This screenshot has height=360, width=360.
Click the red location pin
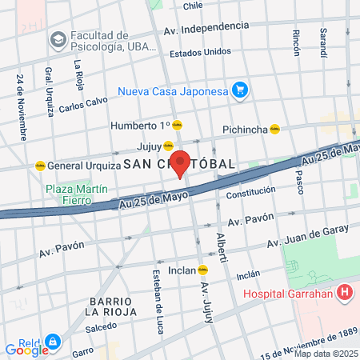point(181,163)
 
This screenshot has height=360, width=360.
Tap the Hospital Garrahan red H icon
point(345,293)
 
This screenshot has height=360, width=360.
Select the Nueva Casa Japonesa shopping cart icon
point(238,90)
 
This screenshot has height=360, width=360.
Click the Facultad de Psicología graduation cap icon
point(58,39)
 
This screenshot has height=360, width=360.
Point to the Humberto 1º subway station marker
point(178,125)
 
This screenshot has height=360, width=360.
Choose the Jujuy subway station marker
point(168,146)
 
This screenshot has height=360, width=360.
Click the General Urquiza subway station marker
point(40,166)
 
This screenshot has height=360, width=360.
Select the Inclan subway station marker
point(203,270)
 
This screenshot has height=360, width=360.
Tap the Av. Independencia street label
point(206,27)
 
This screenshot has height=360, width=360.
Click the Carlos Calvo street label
point(83,105)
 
